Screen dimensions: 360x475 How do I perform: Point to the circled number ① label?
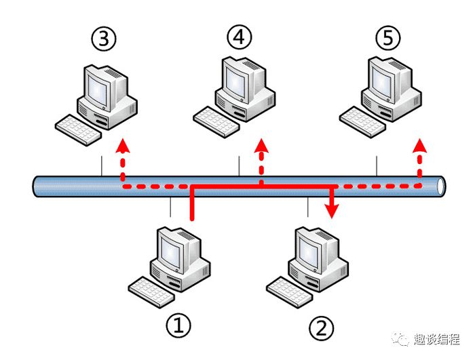point(178,326)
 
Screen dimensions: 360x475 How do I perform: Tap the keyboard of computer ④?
point(216,119)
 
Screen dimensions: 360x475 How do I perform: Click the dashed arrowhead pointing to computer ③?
point(122,145)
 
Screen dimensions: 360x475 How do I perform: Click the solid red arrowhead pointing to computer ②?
point(332,212)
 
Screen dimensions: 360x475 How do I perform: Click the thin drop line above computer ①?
point(171,207)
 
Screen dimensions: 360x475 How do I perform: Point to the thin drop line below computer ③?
point(102,165)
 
